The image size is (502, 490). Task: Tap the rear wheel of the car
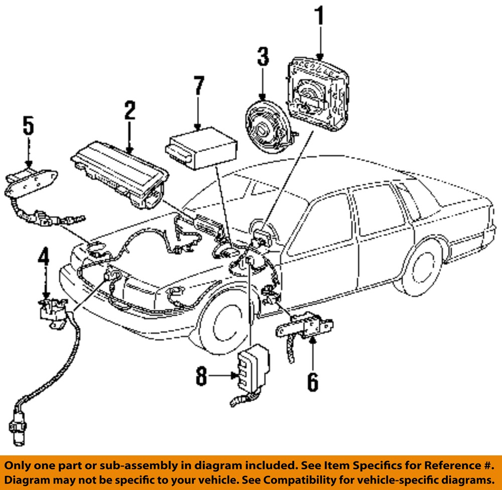coord(419,269)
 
